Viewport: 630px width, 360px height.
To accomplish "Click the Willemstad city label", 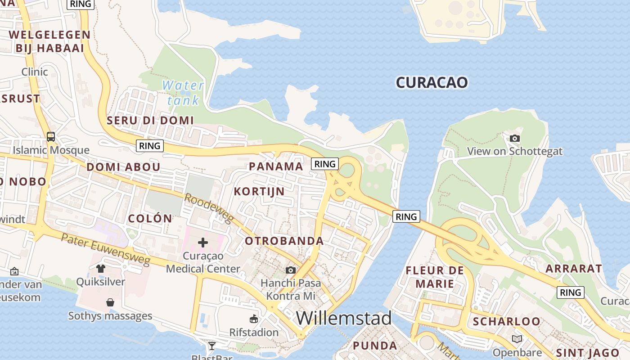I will (x=344, y=318).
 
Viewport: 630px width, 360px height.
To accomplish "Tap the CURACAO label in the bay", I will (x=432, y=82).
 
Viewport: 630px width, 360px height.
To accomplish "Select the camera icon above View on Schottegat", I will (x=515, y=139).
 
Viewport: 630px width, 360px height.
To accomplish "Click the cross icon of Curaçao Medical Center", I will (x=203, y=243).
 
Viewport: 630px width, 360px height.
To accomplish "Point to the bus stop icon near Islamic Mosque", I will (x=51, y=136).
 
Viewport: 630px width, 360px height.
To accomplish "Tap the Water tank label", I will (x=183, y=93).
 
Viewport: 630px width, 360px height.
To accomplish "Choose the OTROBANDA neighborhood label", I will (x=284, y=241).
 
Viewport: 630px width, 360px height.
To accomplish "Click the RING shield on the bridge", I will (x=406, y=216).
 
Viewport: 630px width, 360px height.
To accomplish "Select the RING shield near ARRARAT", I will (x=570, y=292).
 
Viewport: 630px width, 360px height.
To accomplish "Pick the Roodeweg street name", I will (x=209, y=209).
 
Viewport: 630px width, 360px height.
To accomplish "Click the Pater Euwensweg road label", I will (x=106, y=250).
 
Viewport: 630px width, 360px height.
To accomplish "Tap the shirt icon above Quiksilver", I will (x=100, y=269).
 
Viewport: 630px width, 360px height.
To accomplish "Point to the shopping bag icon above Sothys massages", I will (x=110, y=302).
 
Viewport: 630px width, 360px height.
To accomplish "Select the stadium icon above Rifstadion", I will (x=254, y=319).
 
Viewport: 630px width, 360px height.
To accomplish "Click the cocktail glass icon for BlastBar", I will (x=211, y=346).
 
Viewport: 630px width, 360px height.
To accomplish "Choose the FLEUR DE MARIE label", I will (x=435, y=277).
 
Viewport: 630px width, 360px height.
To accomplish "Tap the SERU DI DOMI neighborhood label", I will (x=150, y=120).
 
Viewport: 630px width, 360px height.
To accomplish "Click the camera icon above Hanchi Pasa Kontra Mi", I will (x=291, y=270).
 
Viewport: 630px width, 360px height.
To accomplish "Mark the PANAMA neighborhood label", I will (x=276, y=166).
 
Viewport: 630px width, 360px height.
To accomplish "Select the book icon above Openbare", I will (x=517, y=339).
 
